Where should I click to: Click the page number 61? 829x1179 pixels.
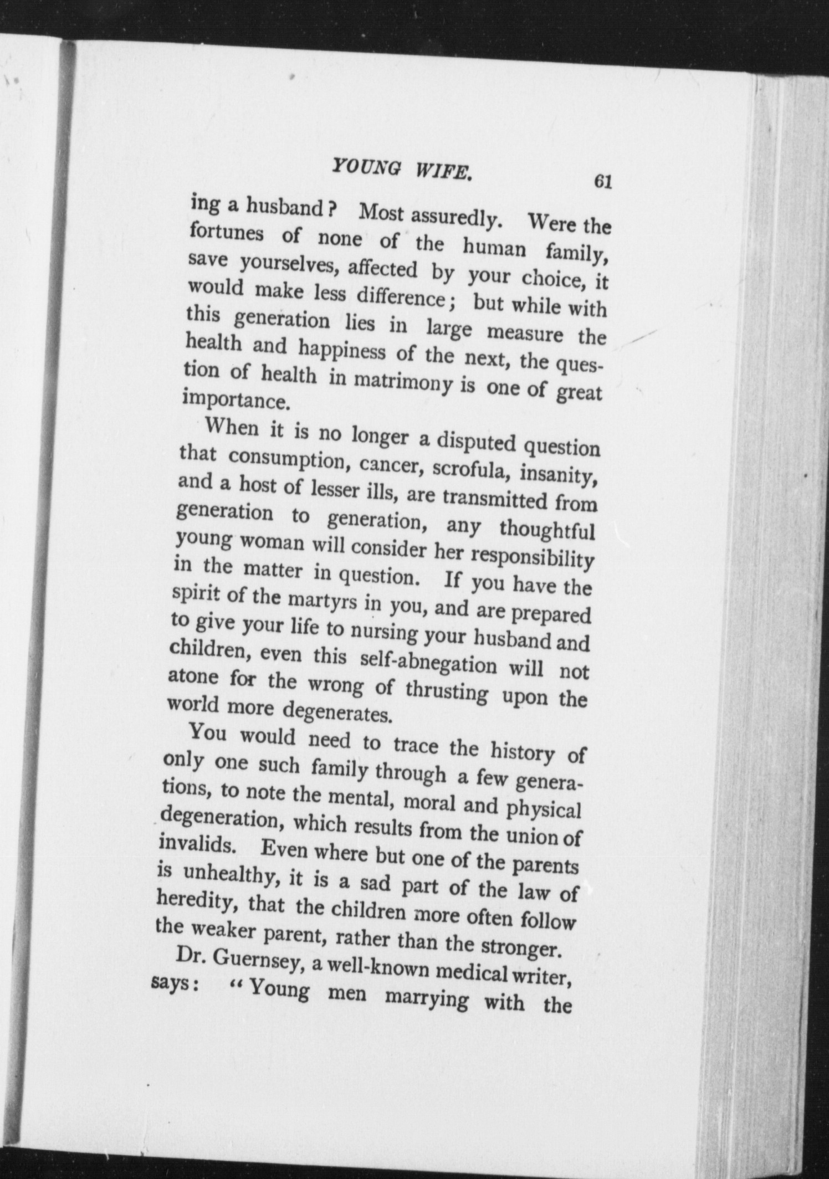[601, 182]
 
